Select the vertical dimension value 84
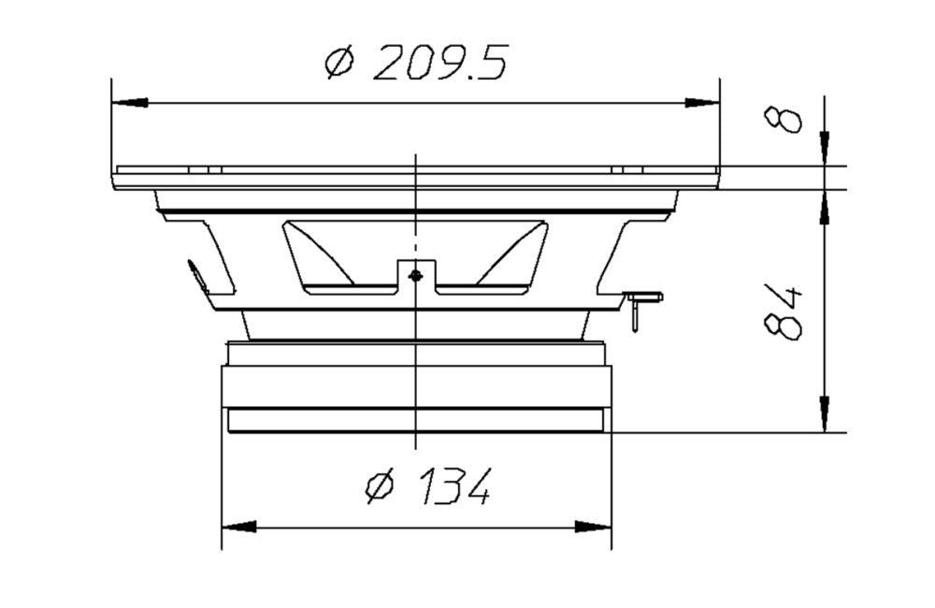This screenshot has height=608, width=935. click(x=784, y=311)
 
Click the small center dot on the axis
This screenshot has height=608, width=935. click(x=415, y=275)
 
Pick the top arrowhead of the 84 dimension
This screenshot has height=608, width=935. click(x=824, y=209)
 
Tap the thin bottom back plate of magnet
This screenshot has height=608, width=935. click(x=415, y=420)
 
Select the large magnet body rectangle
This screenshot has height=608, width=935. click(x=415, y=386)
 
